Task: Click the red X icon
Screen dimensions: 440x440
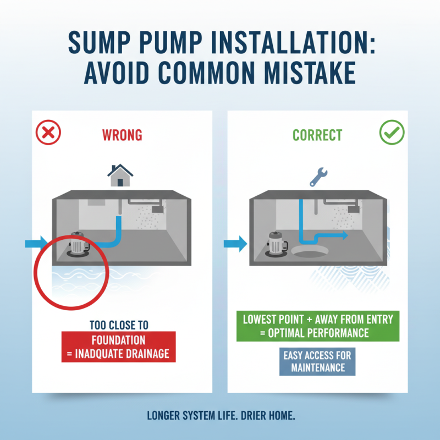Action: click(x=48, y=133)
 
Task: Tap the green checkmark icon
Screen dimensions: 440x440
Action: click(x=392, y=133)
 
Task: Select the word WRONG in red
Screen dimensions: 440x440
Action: click(x=122, y=135)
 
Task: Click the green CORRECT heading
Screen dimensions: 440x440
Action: click(x=317, y=135)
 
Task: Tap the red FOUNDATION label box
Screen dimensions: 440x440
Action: click(x=118, y=346)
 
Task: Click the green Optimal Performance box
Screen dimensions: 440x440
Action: click(x=317, y=326)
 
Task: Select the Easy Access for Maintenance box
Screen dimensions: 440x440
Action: click(x=317, y=361)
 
